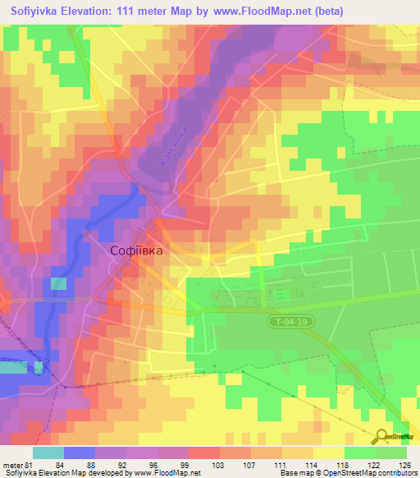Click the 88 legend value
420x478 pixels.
coord(95,465)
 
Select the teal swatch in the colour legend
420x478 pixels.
coord(48,453)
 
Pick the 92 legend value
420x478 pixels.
coord(126,465)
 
